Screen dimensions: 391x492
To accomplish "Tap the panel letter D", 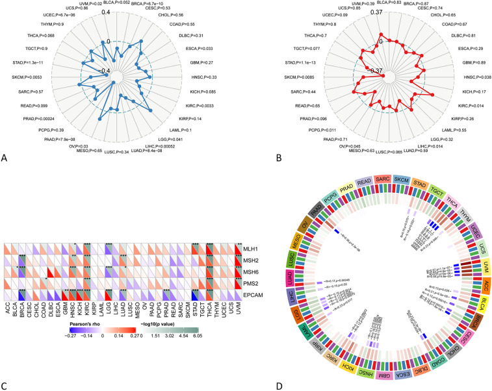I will pos(261,385).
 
